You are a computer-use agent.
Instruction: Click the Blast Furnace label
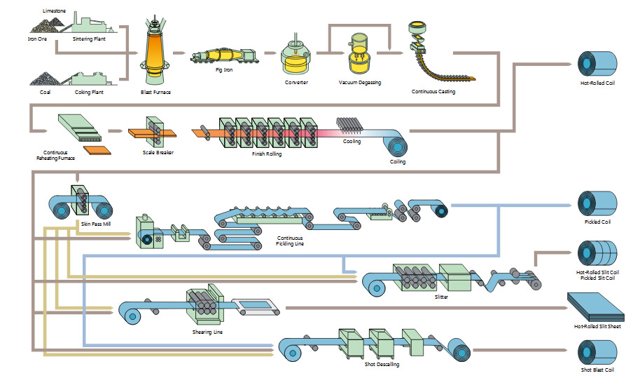pos(155,92)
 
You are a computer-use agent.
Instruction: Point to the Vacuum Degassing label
pos(359,83)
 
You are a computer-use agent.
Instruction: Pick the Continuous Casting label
pos(433,92)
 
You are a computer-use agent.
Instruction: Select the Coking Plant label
pos(89,92)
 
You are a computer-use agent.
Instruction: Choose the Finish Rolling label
pos(266,154)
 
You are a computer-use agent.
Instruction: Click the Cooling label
pos(352,142)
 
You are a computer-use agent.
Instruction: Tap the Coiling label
pos(397,162)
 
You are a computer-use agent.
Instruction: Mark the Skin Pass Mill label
pos(96,223)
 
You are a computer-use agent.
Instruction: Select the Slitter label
pos(440,297)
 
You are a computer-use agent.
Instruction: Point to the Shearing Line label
pos(207,332)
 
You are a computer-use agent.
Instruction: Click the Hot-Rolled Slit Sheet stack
pos(596,306)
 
